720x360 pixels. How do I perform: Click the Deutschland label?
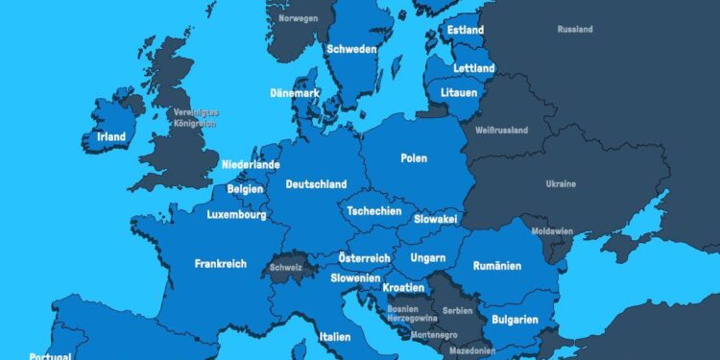point(316,184)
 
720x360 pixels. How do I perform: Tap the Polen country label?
point(414,158)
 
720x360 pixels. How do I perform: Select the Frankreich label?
point(221,263)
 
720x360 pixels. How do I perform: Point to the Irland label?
point(111,137)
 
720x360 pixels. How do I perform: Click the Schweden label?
point(351,50)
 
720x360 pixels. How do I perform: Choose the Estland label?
point(467,31)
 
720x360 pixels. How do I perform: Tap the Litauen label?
point(458,92)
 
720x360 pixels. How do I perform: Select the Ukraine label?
point(561,183)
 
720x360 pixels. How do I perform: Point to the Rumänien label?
point(497,266)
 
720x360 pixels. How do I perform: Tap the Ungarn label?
point(427,257)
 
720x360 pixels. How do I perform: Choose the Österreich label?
point(365,258)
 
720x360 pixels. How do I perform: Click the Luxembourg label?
point(236,215)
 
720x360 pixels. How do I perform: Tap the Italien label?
point(335,337)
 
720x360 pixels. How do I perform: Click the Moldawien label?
point(553,231)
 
